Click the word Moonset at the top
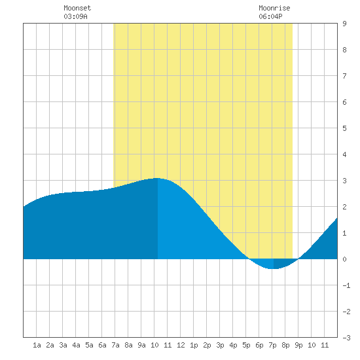[x=77, y=8]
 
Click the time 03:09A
[x=75, y=16]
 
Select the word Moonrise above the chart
[x=274, y=8]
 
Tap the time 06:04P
[x=270, y=16]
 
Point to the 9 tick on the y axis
[x=344, y=24]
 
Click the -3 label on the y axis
[x=346, y=338]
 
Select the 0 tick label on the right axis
[x=344, y=259]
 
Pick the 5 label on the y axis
[x=344, y=128]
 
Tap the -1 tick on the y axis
[x=346, y=285]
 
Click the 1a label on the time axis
[x=37, y=345]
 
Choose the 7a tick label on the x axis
[x=115, y=345]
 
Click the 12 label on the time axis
[x=181, y=345]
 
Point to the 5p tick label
[x=246, y=345]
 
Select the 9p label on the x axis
[x=298, y=345]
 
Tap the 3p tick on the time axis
[x=220, y=345]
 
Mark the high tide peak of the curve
[x=158, y=178]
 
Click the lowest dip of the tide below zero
[x=273, y=268]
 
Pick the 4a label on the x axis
[x=76, y=345]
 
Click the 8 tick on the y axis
[x=344, y=50]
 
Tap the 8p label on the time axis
[x=285, y=345]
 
